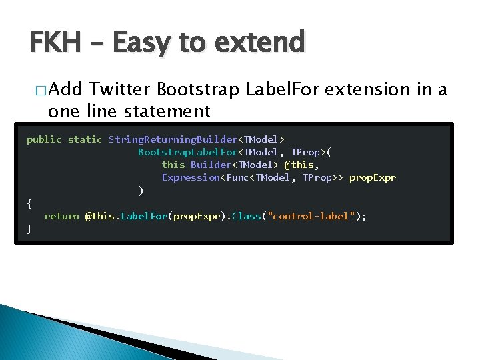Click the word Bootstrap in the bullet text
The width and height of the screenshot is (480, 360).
pos(199,89)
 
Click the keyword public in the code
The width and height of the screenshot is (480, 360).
pos(44,139)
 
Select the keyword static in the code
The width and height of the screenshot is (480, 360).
pos(85,139)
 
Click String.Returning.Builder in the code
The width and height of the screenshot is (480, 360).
pos(173,139)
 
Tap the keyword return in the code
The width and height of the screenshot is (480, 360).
pos(61,216)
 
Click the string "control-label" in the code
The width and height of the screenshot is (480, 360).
pos(311,216)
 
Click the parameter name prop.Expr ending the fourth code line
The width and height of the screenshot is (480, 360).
pos(372,177)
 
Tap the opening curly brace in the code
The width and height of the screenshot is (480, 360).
pos(29,203)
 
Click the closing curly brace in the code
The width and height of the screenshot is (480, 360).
pos(29,229)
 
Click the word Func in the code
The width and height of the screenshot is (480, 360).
pos(238,177)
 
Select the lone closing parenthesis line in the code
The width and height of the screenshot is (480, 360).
pos(141,191)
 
